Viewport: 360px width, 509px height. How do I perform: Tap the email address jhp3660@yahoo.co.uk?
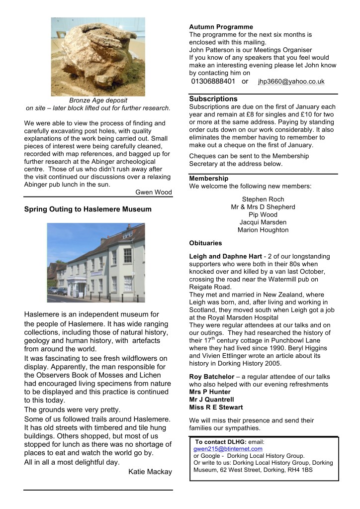click(x=291, y=82)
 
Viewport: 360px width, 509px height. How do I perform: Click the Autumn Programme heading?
click(x=221, y=27)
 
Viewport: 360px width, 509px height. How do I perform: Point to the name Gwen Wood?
click(x=154, y=192)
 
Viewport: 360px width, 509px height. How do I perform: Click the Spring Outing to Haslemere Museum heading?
click(x=88, y=209)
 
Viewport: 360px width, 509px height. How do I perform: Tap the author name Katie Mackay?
click(x=150, y=471)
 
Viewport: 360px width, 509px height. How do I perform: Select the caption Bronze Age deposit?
click(x=98, y=100)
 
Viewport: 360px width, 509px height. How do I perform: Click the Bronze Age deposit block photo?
click(x=98, y=56)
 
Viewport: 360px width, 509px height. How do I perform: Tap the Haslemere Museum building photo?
click(x=96, y=262)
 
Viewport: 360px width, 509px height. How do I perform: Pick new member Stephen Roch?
click(x=263, y=200)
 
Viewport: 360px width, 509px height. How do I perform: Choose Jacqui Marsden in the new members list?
click(x=263, y=222)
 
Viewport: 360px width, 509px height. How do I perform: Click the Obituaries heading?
click(x=205, y=243)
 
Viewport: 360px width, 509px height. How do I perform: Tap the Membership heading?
click(x=209, y=178)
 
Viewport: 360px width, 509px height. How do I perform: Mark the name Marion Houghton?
click(x=263, y=230)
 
